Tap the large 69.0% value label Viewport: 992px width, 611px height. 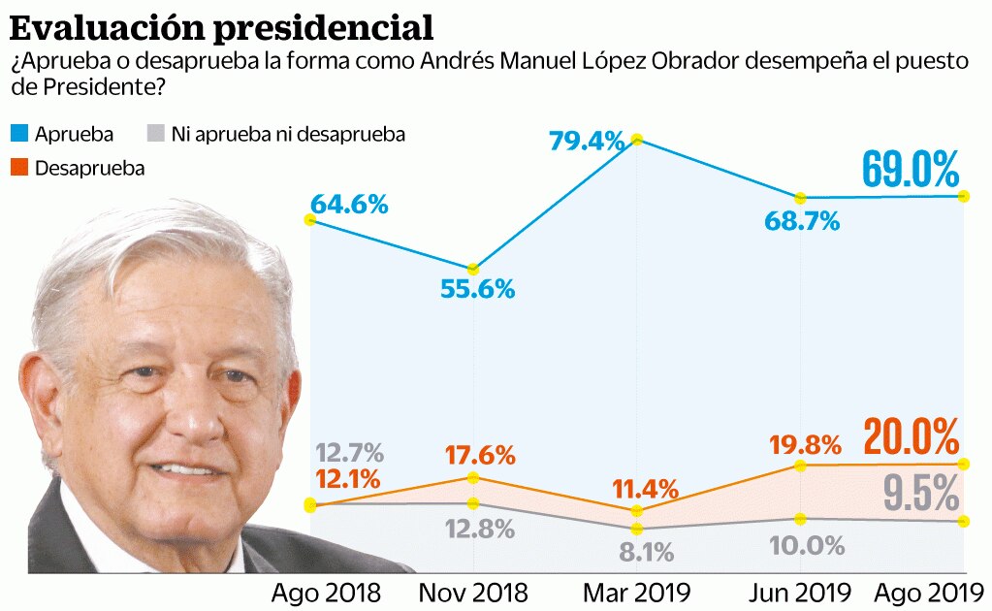click(x=910, y=171)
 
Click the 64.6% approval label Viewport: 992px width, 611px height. click(x=349, y=205)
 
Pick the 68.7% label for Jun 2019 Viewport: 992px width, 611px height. click(x=800, y=221)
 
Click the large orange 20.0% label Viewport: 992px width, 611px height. click(x=910, y=438)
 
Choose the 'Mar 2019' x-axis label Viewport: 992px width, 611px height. click(x=636, y=592)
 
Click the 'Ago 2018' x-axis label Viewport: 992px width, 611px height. click(x=326, y=592)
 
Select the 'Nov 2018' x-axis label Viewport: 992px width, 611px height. click(x=473, y=592)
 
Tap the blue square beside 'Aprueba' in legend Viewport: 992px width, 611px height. click(x=19, y=134)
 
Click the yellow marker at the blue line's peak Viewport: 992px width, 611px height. click(x=637, y=139)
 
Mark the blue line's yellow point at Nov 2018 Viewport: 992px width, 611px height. click(x=472, y=269)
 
